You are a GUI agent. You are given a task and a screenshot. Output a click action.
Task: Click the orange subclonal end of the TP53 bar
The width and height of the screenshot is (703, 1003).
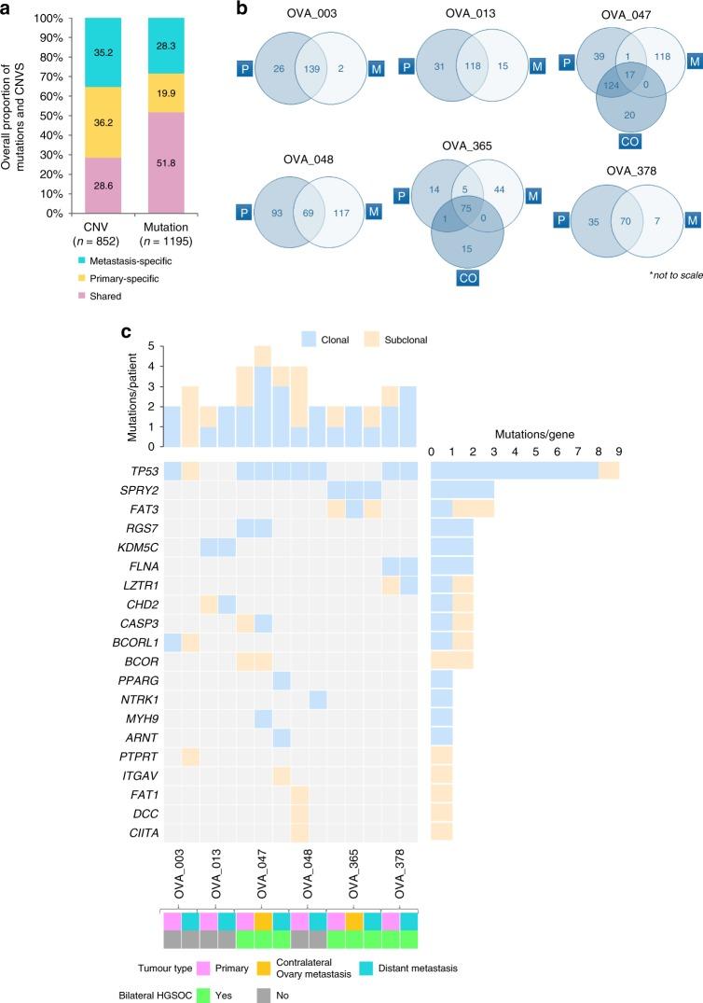coord(609,472)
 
